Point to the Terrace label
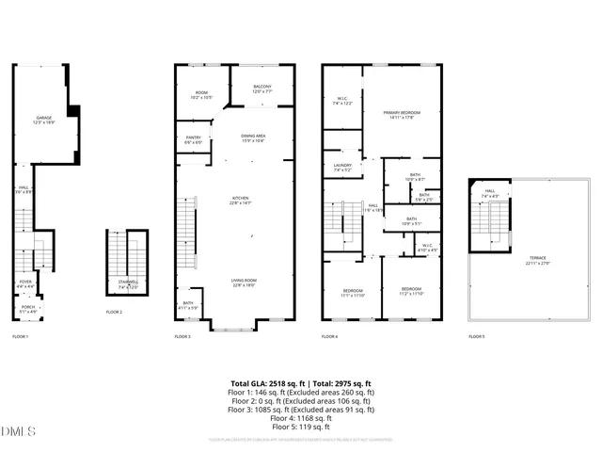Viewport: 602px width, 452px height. tap(537, 260)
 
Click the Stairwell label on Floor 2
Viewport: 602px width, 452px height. tap(127, 283)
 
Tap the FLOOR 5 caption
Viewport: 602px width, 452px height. tap(477, 336)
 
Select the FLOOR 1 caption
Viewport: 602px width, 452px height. tap(20, 336)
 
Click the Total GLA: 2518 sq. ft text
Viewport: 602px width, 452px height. tap(266, 384)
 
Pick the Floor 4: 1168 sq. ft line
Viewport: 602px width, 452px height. tap(301, 418)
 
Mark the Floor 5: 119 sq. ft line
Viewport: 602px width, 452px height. tap(301, 427)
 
